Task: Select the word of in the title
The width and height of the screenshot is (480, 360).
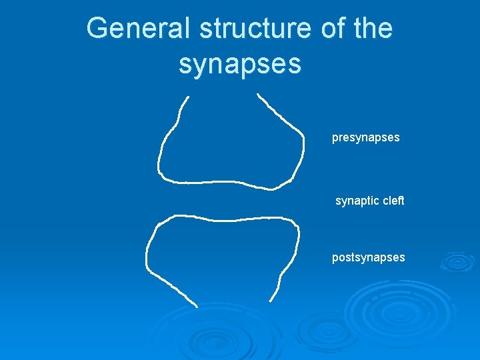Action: coord(329,29)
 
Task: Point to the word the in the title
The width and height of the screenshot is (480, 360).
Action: coord(371,29)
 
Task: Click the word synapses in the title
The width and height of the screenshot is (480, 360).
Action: coord(240,64)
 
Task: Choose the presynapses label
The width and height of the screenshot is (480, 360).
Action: coord(366,138)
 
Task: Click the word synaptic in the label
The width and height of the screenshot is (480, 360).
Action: coord(358,201)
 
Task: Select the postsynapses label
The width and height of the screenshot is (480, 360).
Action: coord(369,257)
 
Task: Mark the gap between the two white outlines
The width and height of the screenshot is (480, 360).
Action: coord(227,201)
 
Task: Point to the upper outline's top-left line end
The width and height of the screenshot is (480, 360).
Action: coord(188,97)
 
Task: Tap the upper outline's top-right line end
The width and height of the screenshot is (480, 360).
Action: coord(258,95)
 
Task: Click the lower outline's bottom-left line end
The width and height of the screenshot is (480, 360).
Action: coord(197,306)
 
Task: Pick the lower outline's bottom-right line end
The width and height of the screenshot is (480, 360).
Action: coord(269,301)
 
